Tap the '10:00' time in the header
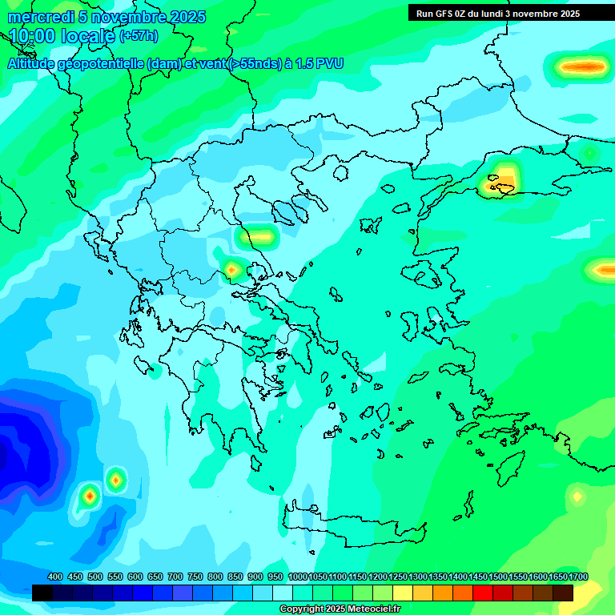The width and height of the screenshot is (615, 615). tap(32, 36)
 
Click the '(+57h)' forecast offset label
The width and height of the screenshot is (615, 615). tap(139, 36)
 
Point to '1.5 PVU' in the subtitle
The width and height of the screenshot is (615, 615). tap(319, 64)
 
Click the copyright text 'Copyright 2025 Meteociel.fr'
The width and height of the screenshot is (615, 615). tap(340, 609)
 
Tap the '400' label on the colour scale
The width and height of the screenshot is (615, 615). tap(55, 577)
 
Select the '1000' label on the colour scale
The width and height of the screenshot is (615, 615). tap(297, 577)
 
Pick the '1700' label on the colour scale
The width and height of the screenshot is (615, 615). tap(578, 577)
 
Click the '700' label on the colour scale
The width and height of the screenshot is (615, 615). tap(175, 577)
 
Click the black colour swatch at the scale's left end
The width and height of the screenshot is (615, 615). tap(42, 593)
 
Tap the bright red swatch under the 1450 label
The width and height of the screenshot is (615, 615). tap(482, 593)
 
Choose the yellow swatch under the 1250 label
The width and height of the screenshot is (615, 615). tap(402, 593)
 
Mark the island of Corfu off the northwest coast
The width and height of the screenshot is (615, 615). tap(133, 305)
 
